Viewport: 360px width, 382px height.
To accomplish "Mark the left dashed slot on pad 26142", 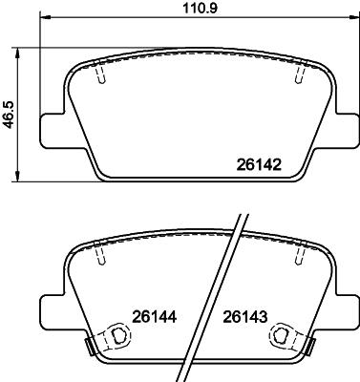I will (99, 74).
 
